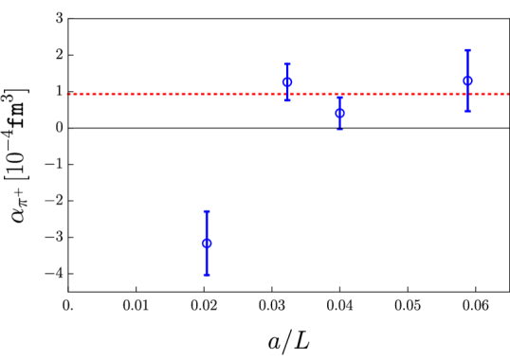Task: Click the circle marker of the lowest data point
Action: (206, 243)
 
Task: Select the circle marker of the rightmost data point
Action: (467, 81)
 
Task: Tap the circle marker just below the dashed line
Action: (339, 114)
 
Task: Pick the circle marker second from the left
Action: (287, 82)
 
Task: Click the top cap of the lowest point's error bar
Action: (206, 211)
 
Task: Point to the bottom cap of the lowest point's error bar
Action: (206, 275)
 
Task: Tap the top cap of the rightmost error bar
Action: (467, 50)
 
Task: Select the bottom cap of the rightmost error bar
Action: (467, 111)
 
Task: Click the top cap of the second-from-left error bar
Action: (287, 63)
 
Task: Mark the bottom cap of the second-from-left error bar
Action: (287, 99)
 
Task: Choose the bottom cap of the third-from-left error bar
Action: (339, 129)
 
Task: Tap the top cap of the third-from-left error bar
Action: (339, 97)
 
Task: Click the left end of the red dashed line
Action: (68, 94)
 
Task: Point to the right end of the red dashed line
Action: (508, 94)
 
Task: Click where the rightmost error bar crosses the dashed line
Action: (467, 94)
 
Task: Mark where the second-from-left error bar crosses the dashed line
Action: (287, 94)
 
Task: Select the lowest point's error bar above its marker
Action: (206, 225)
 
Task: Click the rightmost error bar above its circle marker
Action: (467, 63)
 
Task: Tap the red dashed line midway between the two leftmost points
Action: (246, 94)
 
